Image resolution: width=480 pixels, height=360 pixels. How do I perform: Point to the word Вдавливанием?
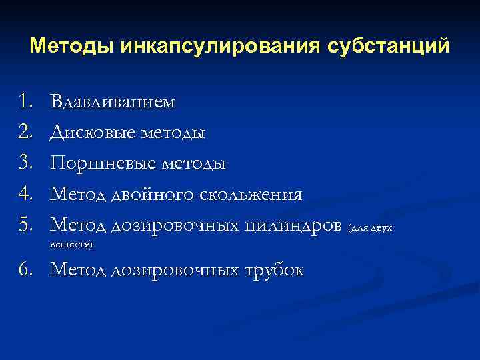[x=113, y=102]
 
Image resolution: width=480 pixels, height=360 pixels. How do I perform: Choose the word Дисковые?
[x=92, y=133]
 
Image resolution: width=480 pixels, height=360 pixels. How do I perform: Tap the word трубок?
[x=273, y=270]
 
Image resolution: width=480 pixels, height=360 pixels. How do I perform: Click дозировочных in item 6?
[x=174, y=270]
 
